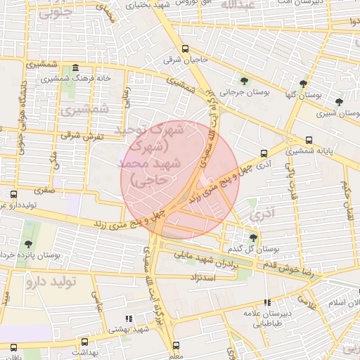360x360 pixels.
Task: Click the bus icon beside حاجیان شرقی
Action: [x=186, y=49]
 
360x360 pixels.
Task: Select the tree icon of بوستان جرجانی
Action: [x=244, y=81]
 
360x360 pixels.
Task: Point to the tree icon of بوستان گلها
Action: [x=304, y=83]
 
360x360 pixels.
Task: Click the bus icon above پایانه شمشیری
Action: [x=309, y=139]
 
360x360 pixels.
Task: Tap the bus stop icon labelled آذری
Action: [x=264, y=153]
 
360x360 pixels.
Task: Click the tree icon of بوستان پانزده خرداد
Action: [x=28, y=244]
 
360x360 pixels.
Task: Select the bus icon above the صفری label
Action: [x=13, y=194]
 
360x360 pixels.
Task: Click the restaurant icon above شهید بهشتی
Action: [x=128, y=319]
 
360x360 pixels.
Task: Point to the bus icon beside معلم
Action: [x=176, y=345]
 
